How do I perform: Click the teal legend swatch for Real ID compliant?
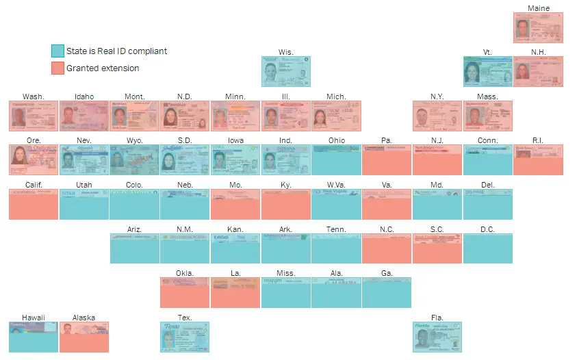click(57, 51)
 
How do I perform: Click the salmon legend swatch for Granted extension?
click(57, 68)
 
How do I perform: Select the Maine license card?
click(538, 27)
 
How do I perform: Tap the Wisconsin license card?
click(285, 71)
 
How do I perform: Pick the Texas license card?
click(184, 337)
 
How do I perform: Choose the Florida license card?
click(437, 337)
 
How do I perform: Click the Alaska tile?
click(83, 337)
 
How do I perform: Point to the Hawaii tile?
click(33, 337)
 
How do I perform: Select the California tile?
click(33, 204)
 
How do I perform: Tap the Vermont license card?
click(487, 71)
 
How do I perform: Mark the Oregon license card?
click(33, 159)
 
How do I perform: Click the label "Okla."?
click(184, 273)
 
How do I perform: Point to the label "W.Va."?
click(335, 185)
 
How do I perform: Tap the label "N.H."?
click(538, 52)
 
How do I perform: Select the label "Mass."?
click(487, 97)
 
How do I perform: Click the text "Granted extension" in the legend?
click(103, 68)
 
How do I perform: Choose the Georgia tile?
click(387, 292)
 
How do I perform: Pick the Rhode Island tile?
click(538, 159)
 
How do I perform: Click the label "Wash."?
click(33, 97)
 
